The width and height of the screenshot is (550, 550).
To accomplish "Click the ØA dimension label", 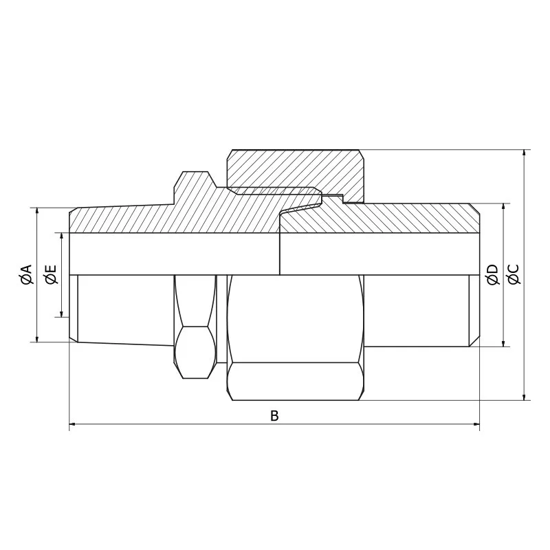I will point(26,274).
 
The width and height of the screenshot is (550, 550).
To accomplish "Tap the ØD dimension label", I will point(492,274).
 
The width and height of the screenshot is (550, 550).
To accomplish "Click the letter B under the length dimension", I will point(274,416).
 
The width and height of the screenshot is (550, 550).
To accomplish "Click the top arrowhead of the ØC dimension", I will point(525,153).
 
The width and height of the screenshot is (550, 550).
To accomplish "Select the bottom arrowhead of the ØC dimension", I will point(525,396).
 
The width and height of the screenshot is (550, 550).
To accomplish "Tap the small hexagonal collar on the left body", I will point(195,327).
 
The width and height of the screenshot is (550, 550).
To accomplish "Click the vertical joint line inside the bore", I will point(280,254).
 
